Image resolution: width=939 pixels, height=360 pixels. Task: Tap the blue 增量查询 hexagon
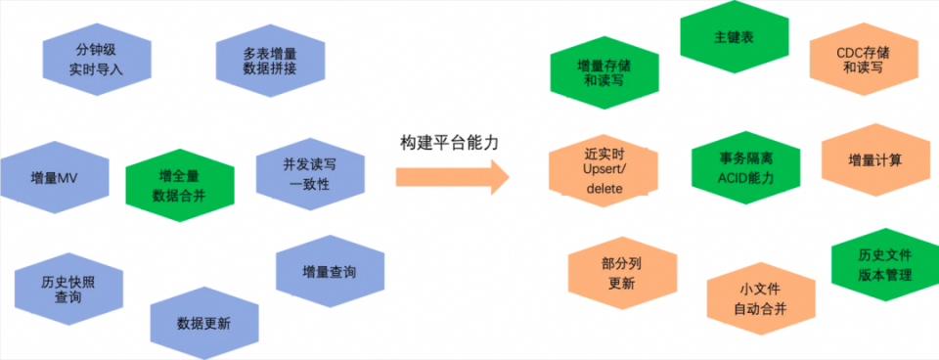[330, 272]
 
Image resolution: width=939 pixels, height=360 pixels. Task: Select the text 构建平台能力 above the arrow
[449, 142]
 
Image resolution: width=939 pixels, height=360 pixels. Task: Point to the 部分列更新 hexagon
[621, 273]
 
